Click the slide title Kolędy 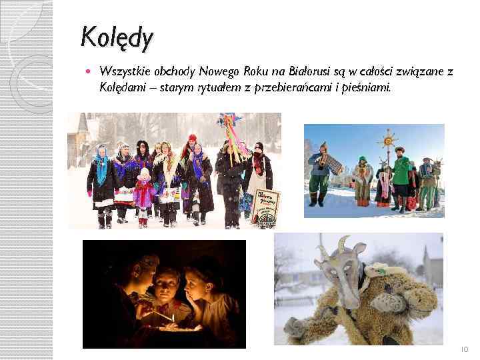click(117, 37)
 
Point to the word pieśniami click(367, 87)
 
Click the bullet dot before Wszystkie click(91, 71)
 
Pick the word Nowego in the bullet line click(220, 71)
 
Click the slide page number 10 click(464, 349)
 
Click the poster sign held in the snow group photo click(267, 203)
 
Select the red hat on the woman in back click(193, 139)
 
